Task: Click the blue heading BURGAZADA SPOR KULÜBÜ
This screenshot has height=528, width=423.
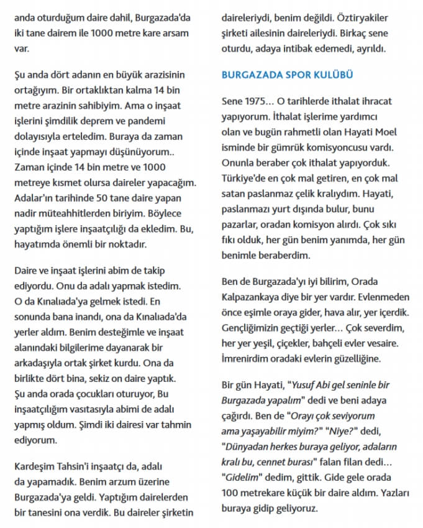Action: pyautogui.click(x=288, y=75)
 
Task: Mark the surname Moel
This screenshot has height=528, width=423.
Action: pyautogui.click(x=386, y=132)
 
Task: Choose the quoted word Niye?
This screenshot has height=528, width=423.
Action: pyautogui.click(x=342, y=431)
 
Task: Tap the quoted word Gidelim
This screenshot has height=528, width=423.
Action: pyautogui.click(x=243, y=478)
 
